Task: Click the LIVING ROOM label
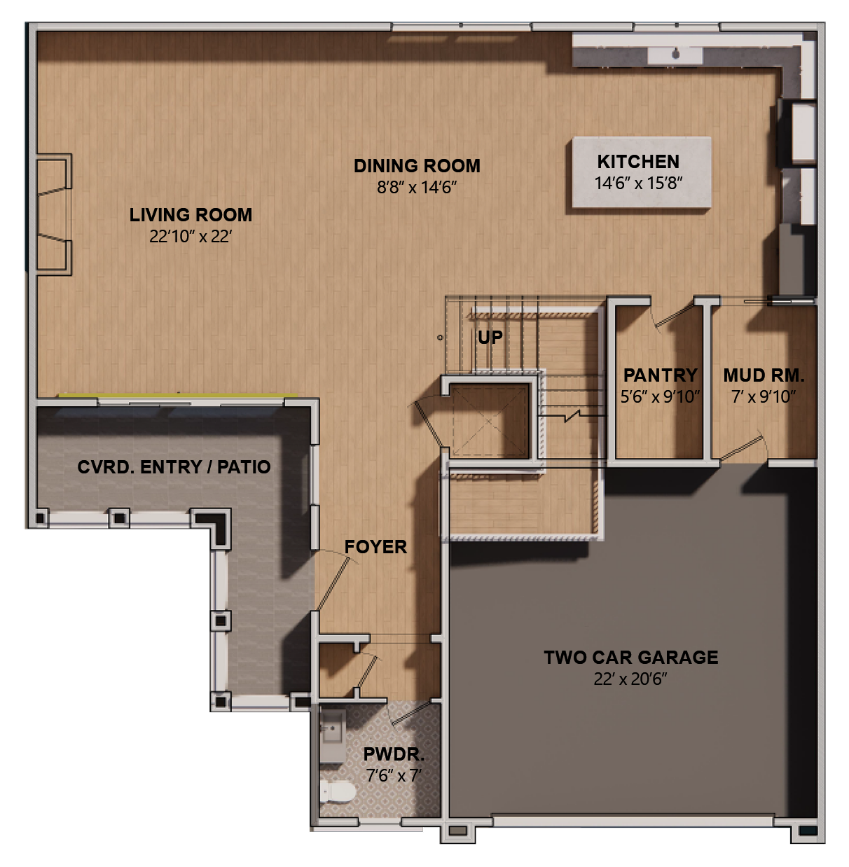coord(191,215)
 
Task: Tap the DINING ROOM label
coord(417,166)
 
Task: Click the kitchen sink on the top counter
coord(676,53)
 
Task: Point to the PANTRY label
coord(660,375)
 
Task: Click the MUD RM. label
coord(764,375)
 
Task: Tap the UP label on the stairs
coord(490,338)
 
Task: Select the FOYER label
coord(375,547)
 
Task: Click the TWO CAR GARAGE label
coord(631,658)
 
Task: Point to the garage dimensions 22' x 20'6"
coord(630,679)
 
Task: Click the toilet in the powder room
coord(337,792)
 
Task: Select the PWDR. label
coord(394,755)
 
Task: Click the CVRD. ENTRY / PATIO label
coord(174,467)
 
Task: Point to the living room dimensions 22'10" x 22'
coord(191,237)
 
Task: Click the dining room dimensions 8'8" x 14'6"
coord(417,188)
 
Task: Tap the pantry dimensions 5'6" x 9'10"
coord(660,397)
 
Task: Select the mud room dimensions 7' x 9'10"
coord(764,397)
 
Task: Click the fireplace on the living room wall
coord(53,214)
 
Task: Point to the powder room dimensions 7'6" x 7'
coord(394,776)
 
